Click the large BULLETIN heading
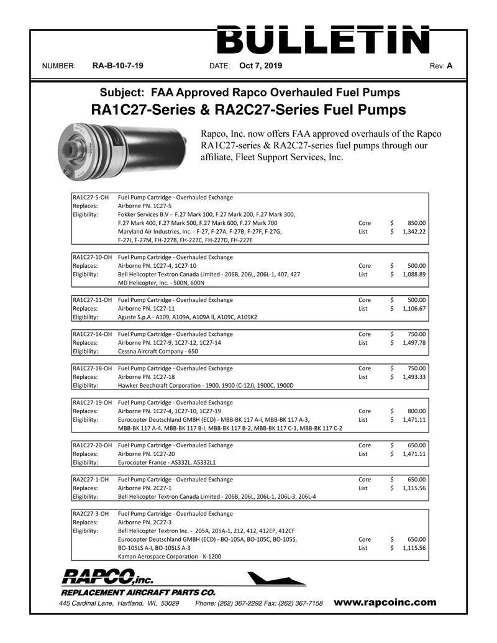[x=322, y=40]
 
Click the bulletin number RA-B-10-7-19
[x=118, y=65]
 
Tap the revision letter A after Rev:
[x=449, y=65]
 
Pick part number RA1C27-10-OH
[x=93, y=257]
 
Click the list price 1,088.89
[x=412, y=274]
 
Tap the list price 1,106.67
[x=412, y=308]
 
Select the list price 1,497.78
[x=412, y=342]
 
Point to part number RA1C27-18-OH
[x=93, y=368]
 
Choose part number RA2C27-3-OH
[x=91, y=514]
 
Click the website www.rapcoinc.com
[x=385, y=602]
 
